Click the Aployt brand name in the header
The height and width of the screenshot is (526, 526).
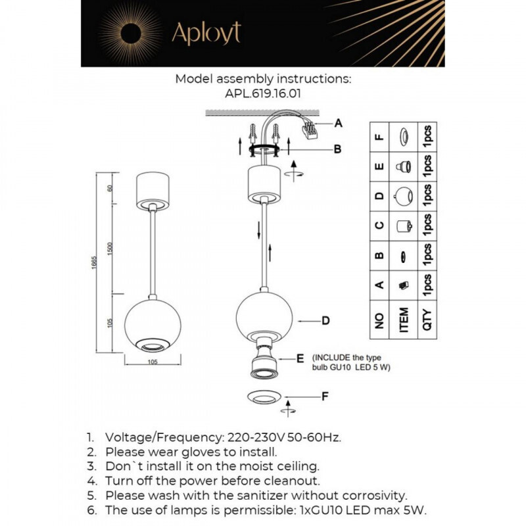coord(206,33)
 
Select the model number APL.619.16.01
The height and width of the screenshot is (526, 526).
coord(263,93)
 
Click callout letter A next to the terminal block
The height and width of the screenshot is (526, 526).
coord(339,123)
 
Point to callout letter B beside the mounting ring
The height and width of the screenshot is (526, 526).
coord(337,149)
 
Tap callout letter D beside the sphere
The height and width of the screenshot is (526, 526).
coord(325,322)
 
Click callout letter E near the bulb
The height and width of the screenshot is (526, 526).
coord(300,358)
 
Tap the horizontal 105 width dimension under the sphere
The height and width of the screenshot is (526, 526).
coord(152,361)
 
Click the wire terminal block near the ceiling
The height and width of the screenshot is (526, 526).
coord(309,129)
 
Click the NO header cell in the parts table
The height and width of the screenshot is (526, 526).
coord(379,320)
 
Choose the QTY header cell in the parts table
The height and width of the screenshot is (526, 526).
coord(427,320)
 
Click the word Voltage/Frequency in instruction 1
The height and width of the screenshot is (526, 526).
coord(164,437)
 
